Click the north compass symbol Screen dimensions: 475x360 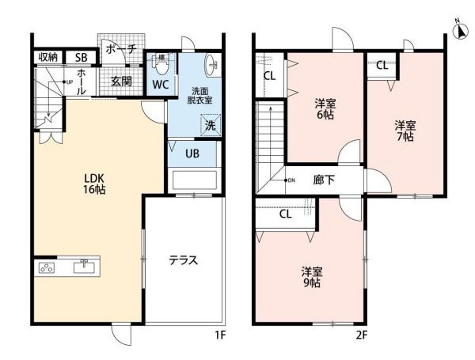click(x=460, y=31)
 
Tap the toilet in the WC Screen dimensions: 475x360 click(x=161, y=64)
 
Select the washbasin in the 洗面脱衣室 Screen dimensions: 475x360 click(x=211, y=65)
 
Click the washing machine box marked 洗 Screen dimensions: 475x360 click(x=211, y=125)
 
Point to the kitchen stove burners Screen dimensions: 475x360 click(x=47, y=267)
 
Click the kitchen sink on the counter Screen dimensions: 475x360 click(x=84, y=267)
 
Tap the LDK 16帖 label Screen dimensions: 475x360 click(x=94, y=184)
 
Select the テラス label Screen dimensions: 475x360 click(x=184, y=260)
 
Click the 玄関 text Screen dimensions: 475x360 click(x=121, y=81)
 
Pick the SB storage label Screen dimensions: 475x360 click(x=82, y=58)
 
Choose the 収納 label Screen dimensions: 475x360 click(x=48, y=57)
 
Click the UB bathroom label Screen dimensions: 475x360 click(x=192, y=153)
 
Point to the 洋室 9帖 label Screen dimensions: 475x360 click(x=312, y=277)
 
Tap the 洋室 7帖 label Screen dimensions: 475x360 click(x=405, y=131)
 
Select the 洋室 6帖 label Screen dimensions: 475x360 click(x=325, y=109)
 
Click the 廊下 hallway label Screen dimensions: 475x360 click(x=324, y=180)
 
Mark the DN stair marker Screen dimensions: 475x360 click(x=289, y=180)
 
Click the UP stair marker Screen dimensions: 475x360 click(x=68, y=81)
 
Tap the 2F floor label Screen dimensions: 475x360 click(x=362, y=335)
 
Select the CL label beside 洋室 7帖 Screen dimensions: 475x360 click(x=382, y=65)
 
